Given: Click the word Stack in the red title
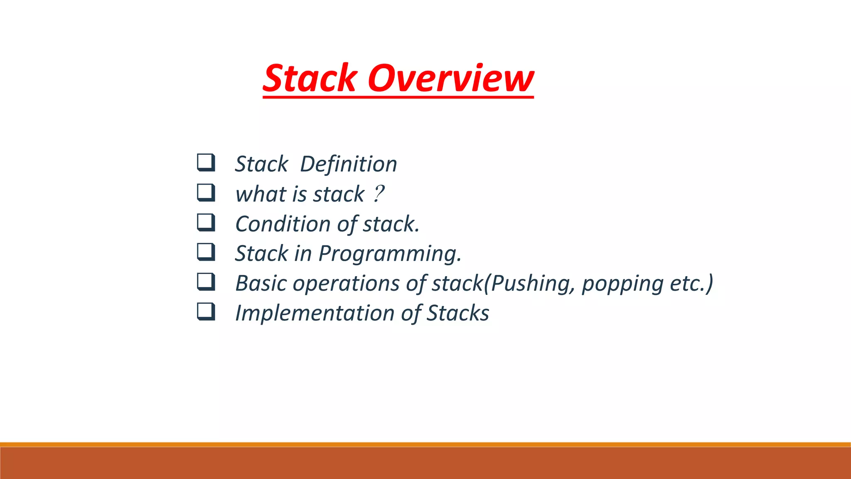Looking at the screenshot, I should [x=310, y=78].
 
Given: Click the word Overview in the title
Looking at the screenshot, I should [x=450, y=78].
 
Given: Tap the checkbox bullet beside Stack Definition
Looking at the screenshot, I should [x=206, y=163].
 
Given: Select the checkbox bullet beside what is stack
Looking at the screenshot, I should [x=206, y=193].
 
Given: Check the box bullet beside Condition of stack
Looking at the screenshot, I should [x=206, y=222].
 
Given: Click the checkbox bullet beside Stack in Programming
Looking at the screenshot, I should [x=206, y=252].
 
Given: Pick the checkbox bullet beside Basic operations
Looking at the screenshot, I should [x=206, y=282].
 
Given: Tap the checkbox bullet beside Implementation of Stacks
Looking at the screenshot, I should [x=206, y=312].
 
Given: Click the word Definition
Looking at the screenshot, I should [x=348, y=164].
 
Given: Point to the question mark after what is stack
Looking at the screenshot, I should [x=378, y=194].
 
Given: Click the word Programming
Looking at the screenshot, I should [x=389, y=254].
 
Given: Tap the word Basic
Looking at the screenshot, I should [x=261, y=284].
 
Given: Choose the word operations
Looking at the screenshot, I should [x=346, y=284].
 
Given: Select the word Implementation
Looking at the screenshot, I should [x=315, y=313].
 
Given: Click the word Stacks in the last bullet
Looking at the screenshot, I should [x=458, y=313].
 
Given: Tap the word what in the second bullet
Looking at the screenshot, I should [x=261, y=194].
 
